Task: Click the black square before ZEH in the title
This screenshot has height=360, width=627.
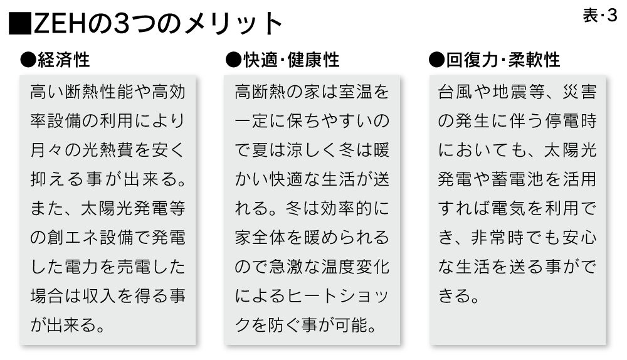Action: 20,24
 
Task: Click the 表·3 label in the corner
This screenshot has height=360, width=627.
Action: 600,16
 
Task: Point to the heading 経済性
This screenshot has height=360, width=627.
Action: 63,60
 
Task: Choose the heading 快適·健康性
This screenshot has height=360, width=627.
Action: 291,60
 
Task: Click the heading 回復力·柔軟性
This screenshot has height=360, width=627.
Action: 502,60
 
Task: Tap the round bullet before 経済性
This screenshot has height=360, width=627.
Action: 28,60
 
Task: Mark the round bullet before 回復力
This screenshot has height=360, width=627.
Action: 436,60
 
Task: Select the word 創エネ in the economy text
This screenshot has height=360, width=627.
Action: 73,238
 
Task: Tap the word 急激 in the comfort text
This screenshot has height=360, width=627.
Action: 287,267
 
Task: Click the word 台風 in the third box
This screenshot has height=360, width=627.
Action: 455,92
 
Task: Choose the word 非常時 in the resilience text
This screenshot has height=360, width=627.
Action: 495,238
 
